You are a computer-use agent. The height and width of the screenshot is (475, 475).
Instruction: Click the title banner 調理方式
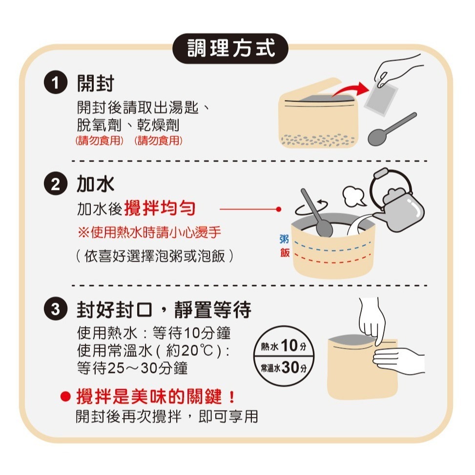tap(231, 48)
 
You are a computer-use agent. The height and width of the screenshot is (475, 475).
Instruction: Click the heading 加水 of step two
tap(95, 185)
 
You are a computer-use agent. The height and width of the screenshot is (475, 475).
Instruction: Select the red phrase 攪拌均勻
tap(160, 209)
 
